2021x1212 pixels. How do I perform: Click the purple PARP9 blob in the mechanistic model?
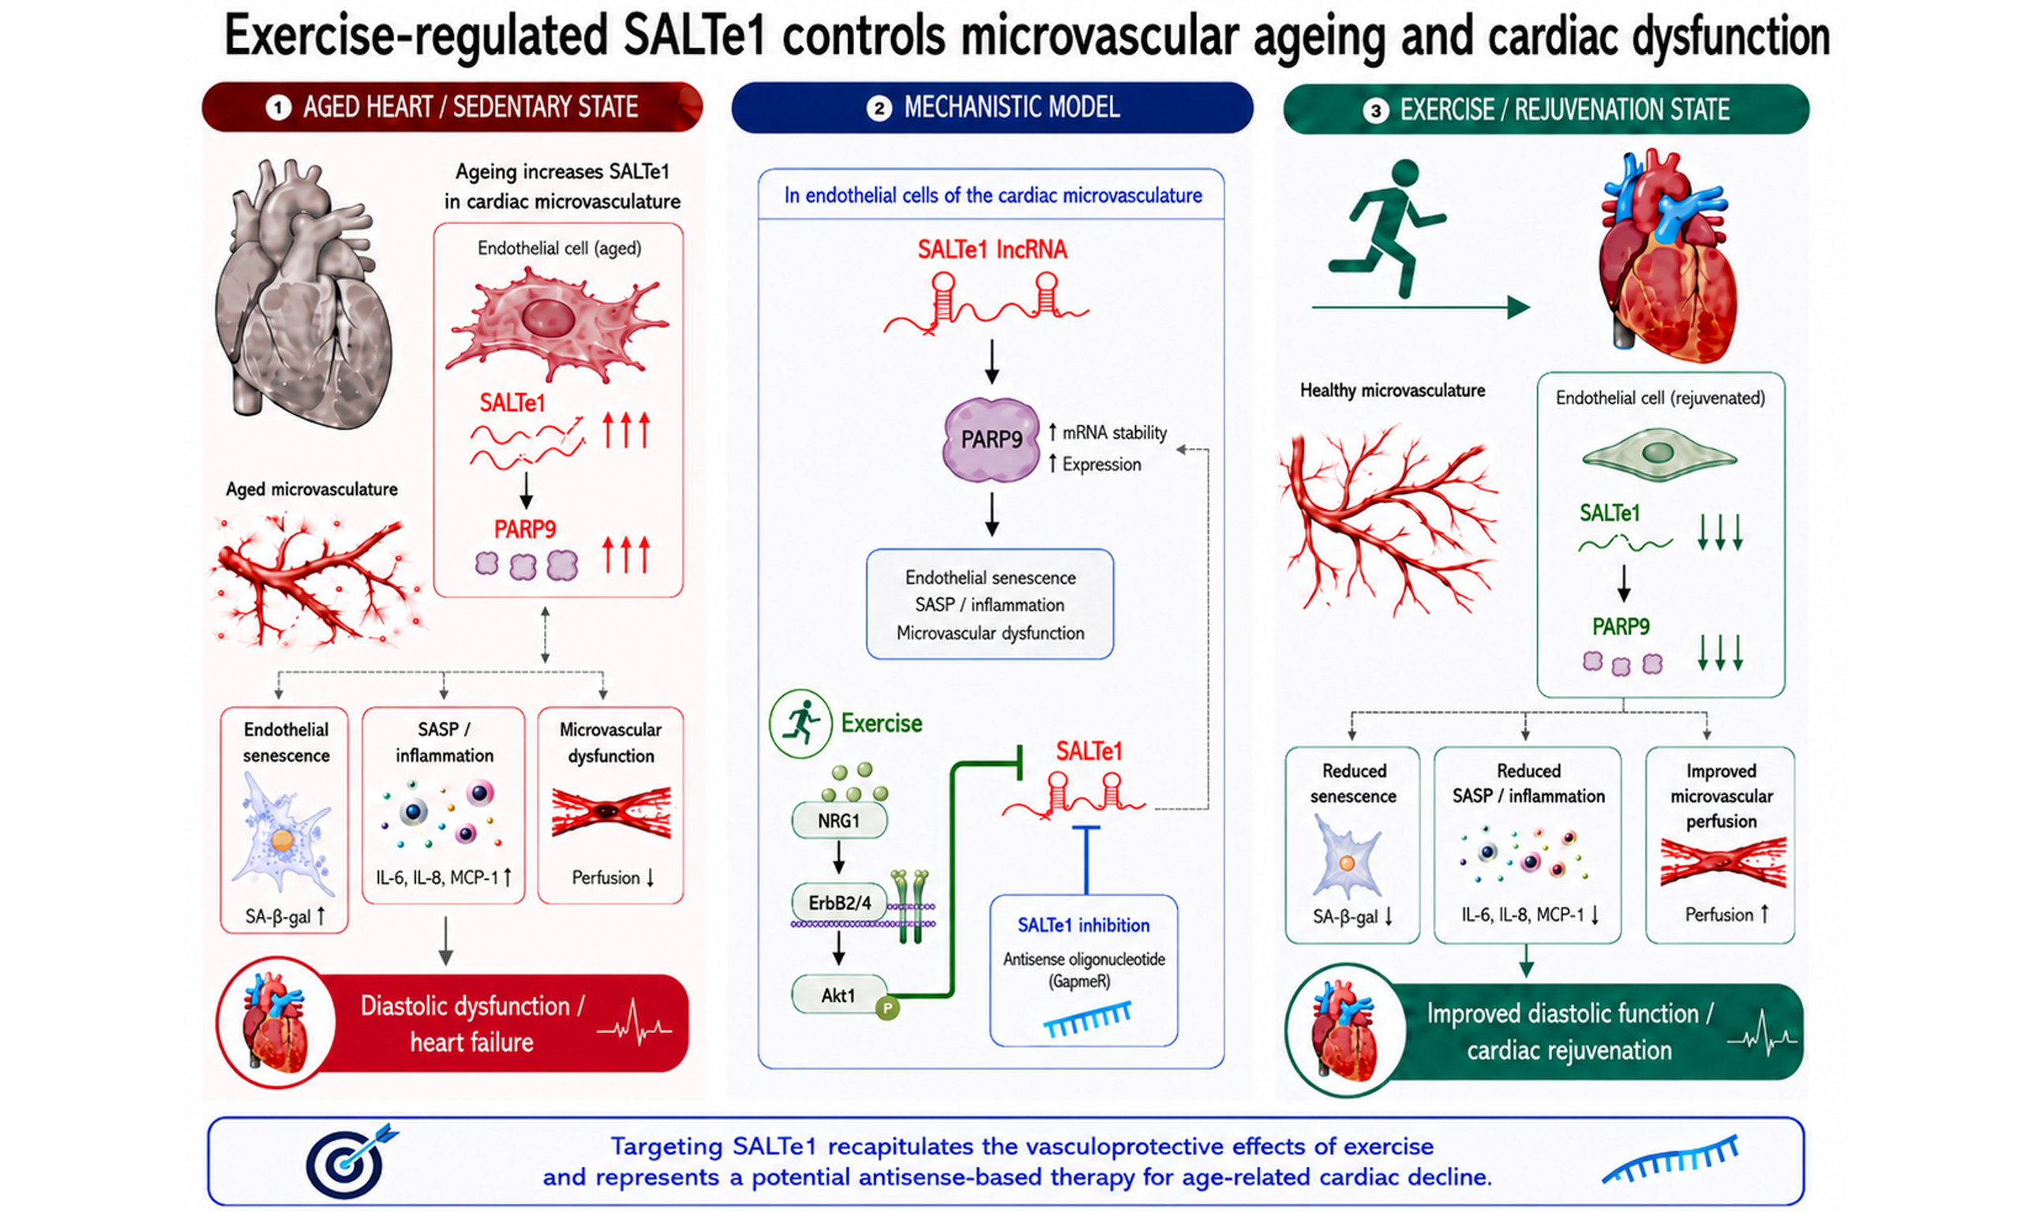pos(991,440)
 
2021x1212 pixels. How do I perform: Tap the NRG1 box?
pos(839,821)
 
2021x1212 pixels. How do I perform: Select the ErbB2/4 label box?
pos(839,903)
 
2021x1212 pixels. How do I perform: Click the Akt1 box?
pos(839,995)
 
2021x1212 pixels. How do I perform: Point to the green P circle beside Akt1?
pos(887,1008)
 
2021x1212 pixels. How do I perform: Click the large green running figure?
pos(1386,229)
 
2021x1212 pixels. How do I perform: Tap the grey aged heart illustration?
pos(302,294)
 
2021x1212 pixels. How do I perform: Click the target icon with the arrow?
pos(351,1160)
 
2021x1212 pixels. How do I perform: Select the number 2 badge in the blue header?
pos(879,108)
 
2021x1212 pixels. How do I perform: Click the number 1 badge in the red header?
pos(278,108)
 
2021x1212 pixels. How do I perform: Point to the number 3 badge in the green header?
pos(1376,110)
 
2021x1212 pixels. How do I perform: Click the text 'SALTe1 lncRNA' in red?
pos(992,249)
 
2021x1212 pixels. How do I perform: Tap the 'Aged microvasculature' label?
pos(311,489)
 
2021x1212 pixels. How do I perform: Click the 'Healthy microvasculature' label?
pos(1392,391)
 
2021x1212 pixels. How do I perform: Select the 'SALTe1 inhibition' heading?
pos(1083,925)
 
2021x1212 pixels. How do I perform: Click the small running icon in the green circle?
pos(801,723)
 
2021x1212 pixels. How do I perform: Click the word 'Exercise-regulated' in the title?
pos(416,36)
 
